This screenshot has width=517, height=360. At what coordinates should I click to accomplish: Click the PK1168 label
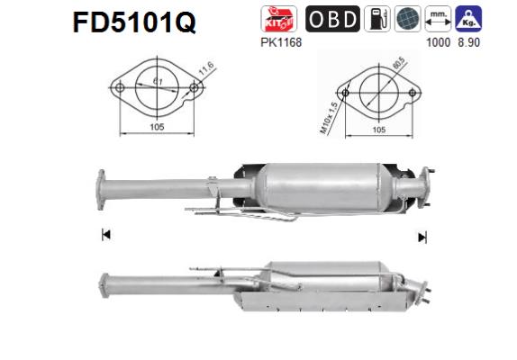275,40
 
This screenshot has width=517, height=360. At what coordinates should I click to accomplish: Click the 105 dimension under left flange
157,128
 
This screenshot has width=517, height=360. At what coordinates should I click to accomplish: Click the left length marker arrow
106,236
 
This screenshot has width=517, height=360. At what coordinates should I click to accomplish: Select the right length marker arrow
421,237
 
